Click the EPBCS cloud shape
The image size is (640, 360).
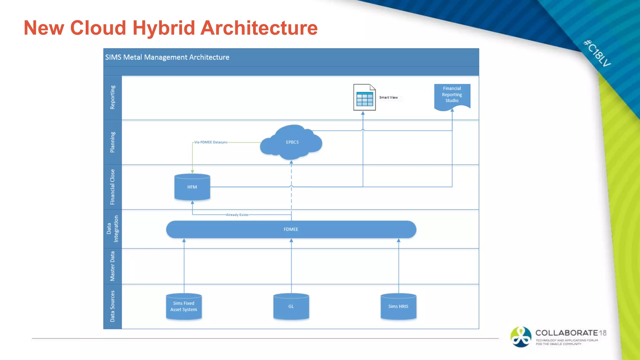click(291, 142)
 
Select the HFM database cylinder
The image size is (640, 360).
click(192, 187)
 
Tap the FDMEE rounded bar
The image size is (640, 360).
click(291, 229)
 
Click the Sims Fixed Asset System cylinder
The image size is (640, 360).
click(184, 307)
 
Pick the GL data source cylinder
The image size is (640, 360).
click(291, 307)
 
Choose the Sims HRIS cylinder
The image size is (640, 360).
click(398, 307)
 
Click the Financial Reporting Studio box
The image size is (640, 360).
click(452, 95)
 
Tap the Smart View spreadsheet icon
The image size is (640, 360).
click(364, 97)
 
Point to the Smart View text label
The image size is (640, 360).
click(388, 97)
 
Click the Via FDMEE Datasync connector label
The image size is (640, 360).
click(211, 142)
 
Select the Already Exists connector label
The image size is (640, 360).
click(237, 215)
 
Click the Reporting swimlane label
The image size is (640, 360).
click(112, 97)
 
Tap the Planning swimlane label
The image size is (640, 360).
click(112, 142)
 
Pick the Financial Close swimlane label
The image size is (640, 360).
click(112, 187)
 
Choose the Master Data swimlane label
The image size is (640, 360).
click(112, 266)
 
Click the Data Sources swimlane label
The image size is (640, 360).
click(112, 306)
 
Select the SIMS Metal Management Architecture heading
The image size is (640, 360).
click(167, 57)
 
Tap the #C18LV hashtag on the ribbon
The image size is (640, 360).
click(597, 53)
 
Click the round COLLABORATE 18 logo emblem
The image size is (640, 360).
click(521, 337)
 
